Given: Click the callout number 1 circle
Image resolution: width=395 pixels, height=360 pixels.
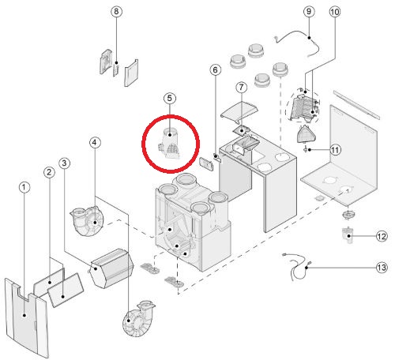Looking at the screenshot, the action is pyautogui.click(x=24, y=187).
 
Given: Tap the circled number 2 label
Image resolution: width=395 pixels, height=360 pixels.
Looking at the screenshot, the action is pyautogui.click(x=49, y=172).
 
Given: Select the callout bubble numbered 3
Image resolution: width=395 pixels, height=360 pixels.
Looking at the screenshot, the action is pyautogui.click(x=65, y=163).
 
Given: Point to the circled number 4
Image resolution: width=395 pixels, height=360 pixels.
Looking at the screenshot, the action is pyautogui.click(x=95, y=143).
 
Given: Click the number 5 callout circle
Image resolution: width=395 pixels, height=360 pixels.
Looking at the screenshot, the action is pyautogui.click(x=169, y=98).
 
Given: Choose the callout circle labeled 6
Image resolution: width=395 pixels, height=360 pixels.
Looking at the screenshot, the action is pyautogui.click(x=216, y=70).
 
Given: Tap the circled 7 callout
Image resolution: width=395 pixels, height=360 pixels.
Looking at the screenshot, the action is pyautogui.click(x=242, y=87).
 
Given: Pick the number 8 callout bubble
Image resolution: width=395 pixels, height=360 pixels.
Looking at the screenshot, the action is pyautogui.click(x=116, y=12).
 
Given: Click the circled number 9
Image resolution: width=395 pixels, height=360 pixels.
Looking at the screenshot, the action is pyautogui.click(x=309, y=12).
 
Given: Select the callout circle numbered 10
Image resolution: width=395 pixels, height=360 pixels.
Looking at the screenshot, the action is pyautogui.click(x=335, y=12).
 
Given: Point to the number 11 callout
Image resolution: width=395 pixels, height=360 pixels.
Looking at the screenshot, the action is pyautogui.click(x=335, y=150).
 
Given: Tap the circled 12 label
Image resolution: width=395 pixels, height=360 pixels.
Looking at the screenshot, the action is pyautogui.click(x=382, y=236).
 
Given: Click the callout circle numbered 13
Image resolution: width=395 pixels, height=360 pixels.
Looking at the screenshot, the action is pyautogui.click(x=382, y=268).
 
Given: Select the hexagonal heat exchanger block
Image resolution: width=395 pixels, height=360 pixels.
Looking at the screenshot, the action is pyautogui.click(x=112, y=268).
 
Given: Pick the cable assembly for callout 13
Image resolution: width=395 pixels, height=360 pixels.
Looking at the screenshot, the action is pyautogui.click(x=296, y=267).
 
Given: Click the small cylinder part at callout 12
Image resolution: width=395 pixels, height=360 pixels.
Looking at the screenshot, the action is pyautogui.click(x=348, y=235).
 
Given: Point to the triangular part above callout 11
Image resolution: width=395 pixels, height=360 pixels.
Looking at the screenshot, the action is pyautogui.click(x=307, y=134).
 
